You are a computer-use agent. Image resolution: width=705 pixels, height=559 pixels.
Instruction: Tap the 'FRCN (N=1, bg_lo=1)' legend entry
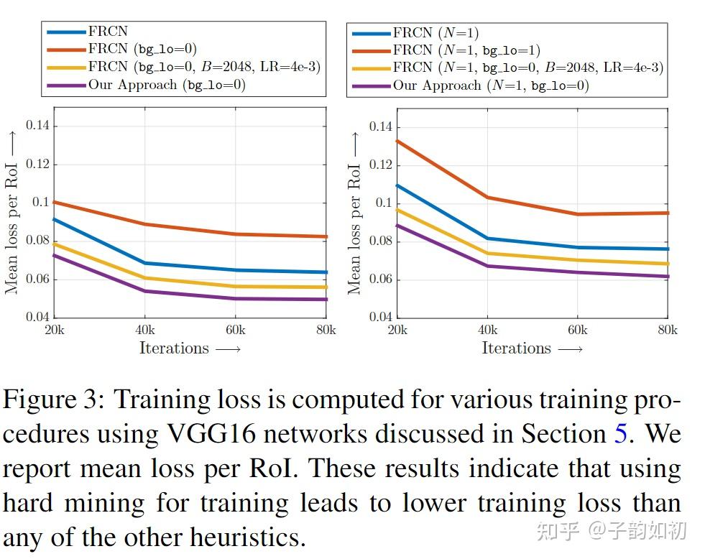[x=466, y=50]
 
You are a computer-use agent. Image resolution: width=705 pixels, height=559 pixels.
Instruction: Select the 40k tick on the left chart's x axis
[x=145, y=331]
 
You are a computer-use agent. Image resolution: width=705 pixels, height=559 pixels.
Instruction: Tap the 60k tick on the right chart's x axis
[x=576, y=331]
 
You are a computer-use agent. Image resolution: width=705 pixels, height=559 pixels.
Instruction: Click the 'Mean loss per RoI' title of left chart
[x=12, y=216]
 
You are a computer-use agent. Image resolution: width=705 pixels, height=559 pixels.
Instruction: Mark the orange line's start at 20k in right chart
[x=397, y=141]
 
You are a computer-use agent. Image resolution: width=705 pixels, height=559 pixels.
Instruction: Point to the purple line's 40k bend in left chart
[x=145, y=291]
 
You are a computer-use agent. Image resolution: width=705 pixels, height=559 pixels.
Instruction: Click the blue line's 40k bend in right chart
[x=488, y=239]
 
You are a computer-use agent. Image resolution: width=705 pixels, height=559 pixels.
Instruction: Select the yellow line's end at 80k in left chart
[x=326, y=287]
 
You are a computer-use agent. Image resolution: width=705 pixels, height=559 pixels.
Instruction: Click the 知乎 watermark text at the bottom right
[x=558, y=532]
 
